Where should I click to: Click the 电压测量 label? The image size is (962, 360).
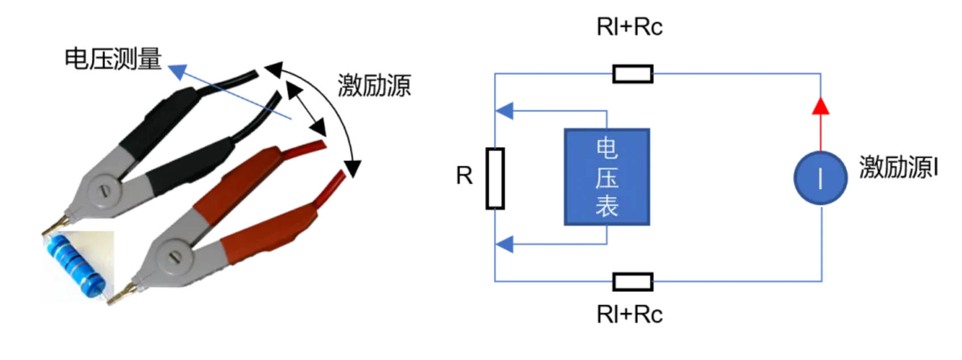[113, 59]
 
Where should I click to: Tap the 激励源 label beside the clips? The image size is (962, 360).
[374, 86]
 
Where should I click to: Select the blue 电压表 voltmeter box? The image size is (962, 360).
[607, 177]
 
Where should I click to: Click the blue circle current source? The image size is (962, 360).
[821, 178]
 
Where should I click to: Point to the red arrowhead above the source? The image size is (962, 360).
[821, 106]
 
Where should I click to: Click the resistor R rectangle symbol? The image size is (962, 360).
[495, 178]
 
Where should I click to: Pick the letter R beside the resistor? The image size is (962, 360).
[464, 176]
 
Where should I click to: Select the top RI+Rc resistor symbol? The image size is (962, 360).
[633, 74]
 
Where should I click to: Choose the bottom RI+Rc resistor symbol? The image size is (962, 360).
[633, 282]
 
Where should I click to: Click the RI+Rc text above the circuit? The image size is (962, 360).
[629, 27]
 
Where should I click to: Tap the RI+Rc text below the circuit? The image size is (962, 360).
[629, 314]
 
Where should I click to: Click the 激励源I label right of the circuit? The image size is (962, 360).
[898, 168]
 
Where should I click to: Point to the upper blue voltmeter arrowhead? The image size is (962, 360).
[505, 111]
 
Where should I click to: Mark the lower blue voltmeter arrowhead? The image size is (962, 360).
[505, 245]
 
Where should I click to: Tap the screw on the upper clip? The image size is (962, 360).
[103, 190]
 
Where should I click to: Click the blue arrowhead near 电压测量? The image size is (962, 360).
[178, 71]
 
